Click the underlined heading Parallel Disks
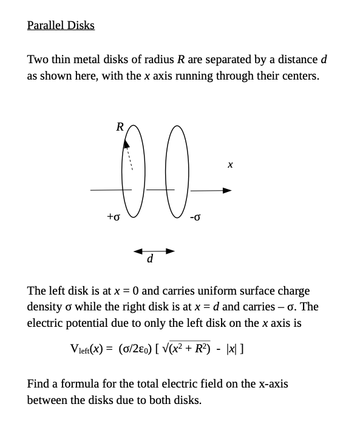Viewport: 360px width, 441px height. coord(61,26)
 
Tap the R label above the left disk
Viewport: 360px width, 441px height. coord(120,127)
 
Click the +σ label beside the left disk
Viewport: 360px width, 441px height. coord(114,216)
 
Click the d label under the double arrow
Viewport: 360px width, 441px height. coord(150,259)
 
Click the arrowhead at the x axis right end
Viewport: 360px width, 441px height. coord(228,191)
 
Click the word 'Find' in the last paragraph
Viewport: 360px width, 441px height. coord(38,384)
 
